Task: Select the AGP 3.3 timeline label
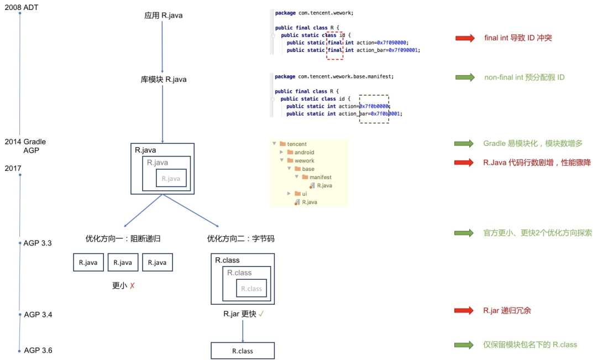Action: pyautogui.click(x=38, y=243)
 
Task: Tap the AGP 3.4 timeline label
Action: pyautogui.click(x=38, y=315)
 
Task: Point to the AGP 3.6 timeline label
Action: pyautogui.click(x=38, y=350)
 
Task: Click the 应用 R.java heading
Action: pyautogui.click(x=163, y=15)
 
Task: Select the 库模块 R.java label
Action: pyautogui.click(x=163, y=80)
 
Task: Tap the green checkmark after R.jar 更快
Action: pyautogui.click(x=261, y=314)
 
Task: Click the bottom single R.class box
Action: pyautogui.click(x=242, y=351)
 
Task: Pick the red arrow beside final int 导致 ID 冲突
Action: pyautogui.click(x=465, y=38)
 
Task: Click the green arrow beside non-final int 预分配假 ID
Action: pyautogui.click(x=465, y=77)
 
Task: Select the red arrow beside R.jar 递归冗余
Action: pyautogui.click(x=465, y=311)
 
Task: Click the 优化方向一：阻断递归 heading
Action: pyautogui.click(x=123, y=239)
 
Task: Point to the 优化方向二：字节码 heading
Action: pyautogui.click(x=240, y=239)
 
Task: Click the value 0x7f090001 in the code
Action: pyautogui.click(x=403, y=50)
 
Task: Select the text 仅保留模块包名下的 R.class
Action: pyautogui.click(x=530, y=345)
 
